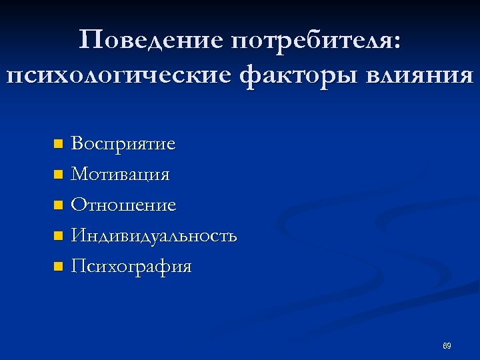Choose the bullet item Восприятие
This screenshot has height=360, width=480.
tap(123, 144)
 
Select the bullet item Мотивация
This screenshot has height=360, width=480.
tap(121, 175)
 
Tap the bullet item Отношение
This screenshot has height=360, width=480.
tap(124, 205)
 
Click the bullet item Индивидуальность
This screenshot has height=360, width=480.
tap(154, 236)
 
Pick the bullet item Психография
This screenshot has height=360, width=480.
tap(131, 267)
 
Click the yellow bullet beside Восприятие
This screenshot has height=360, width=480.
tap(58, 144)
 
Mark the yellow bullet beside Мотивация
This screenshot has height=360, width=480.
tap(58, 175)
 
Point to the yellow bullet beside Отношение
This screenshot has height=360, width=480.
tap(58, 205)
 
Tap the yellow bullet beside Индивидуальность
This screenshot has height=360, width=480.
tap(58, 236)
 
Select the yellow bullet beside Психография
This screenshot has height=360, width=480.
tap(58, 267)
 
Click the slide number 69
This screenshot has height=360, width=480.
tap(447, 346)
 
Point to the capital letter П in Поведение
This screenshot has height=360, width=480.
tap(89, 41)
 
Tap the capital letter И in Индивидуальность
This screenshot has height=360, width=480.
tap(79, 236)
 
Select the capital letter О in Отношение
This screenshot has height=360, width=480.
tap(79, 205)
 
